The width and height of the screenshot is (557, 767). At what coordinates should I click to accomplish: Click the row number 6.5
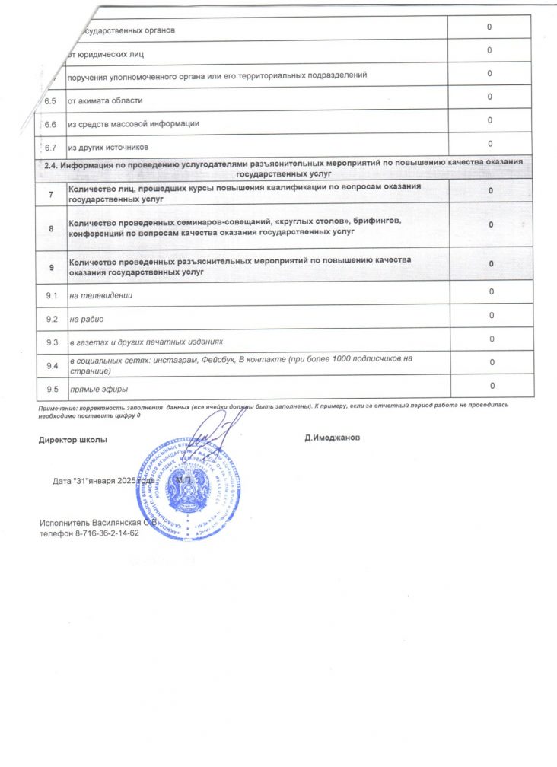click(51, 100)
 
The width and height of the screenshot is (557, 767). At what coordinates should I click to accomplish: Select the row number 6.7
click(51, 147)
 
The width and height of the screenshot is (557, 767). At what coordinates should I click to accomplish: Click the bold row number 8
click(51, 228)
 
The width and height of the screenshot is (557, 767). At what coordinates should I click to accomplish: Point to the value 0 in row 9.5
click(492, 386)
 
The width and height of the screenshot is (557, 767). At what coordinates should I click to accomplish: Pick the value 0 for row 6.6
click(491, 120)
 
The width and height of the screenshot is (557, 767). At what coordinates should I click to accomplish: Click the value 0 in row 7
click(492, 190)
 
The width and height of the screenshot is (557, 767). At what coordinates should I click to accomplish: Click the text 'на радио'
click(86, 318)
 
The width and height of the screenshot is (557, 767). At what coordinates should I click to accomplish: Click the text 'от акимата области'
click(105, 100)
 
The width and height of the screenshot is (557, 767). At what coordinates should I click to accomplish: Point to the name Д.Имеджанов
click(333, 438)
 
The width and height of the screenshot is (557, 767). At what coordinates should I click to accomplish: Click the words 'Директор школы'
click(73, 440)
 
